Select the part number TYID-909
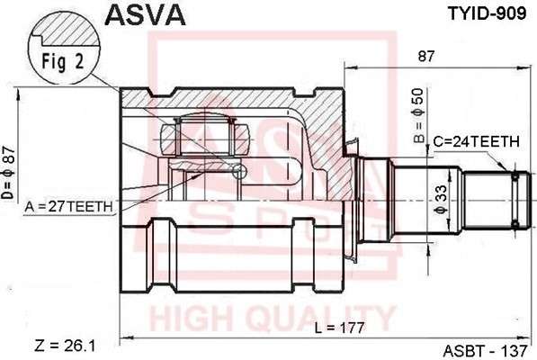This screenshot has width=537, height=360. pyautogui.click(x=480, y=14)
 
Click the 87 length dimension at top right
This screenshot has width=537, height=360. pyautogui.click(x=426, y=56)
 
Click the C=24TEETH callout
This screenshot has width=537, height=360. pyautogui.click(x=476, y=141)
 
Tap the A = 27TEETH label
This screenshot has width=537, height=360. pyautogui.click(x=70, y=206)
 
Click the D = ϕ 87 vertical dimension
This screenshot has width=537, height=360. pyautogui.click(x=10, y=172)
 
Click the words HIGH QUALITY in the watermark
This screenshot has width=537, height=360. pyautogui.click(x=270, y=319)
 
